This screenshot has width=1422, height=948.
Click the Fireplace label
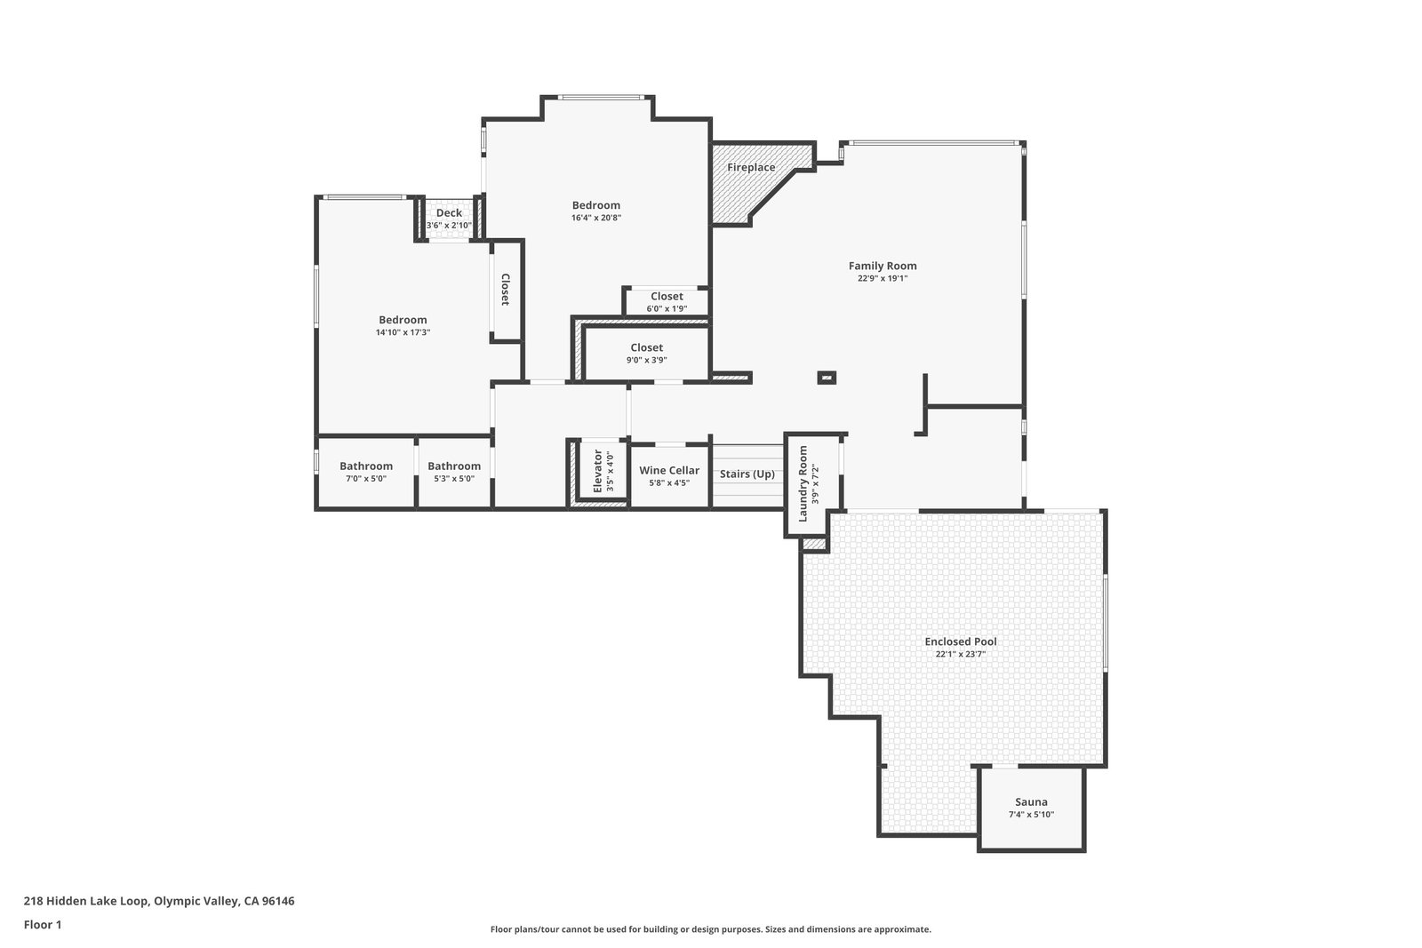(751, 168)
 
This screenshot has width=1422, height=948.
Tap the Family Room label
(883, 266)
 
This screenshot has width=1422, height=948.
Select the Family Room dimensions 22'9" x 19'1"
(883, 279)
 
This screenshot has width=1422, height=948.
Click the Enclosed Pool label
(961, 641)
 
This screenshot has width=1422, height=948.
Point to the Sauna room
(1032, 807)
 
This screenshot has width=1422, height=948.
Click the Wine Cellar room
(669, 476)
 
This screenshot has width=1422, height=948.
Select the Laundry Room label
(803, 484)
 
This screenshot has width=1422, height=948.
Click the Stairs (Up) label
(747, 474)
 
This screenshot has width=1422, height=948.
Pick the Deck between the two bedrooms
(449, 219)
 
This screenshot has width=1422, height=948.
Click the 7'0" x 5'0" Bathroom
(365, 472)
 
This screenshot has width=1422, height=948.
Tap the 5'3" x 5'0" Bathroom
(454, 472)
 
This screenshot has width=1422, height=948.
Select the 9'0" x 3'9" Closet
(646, 353)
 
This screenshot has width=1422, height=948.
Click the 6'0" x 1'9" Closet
(667, 301)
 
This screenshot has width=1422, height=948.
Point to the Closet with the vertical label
(506, 291)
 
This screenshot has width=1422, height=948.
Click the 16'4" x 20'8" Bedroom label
(596, 205)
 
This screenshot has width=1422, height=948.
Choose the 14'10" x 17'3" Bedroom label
(403, 321)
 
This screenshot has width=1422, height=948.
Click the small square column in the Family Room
(827, 378)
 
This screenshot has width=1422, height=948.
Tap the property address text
(159, 901)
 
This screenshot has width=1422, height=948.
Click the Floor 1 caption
(43, 925)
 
